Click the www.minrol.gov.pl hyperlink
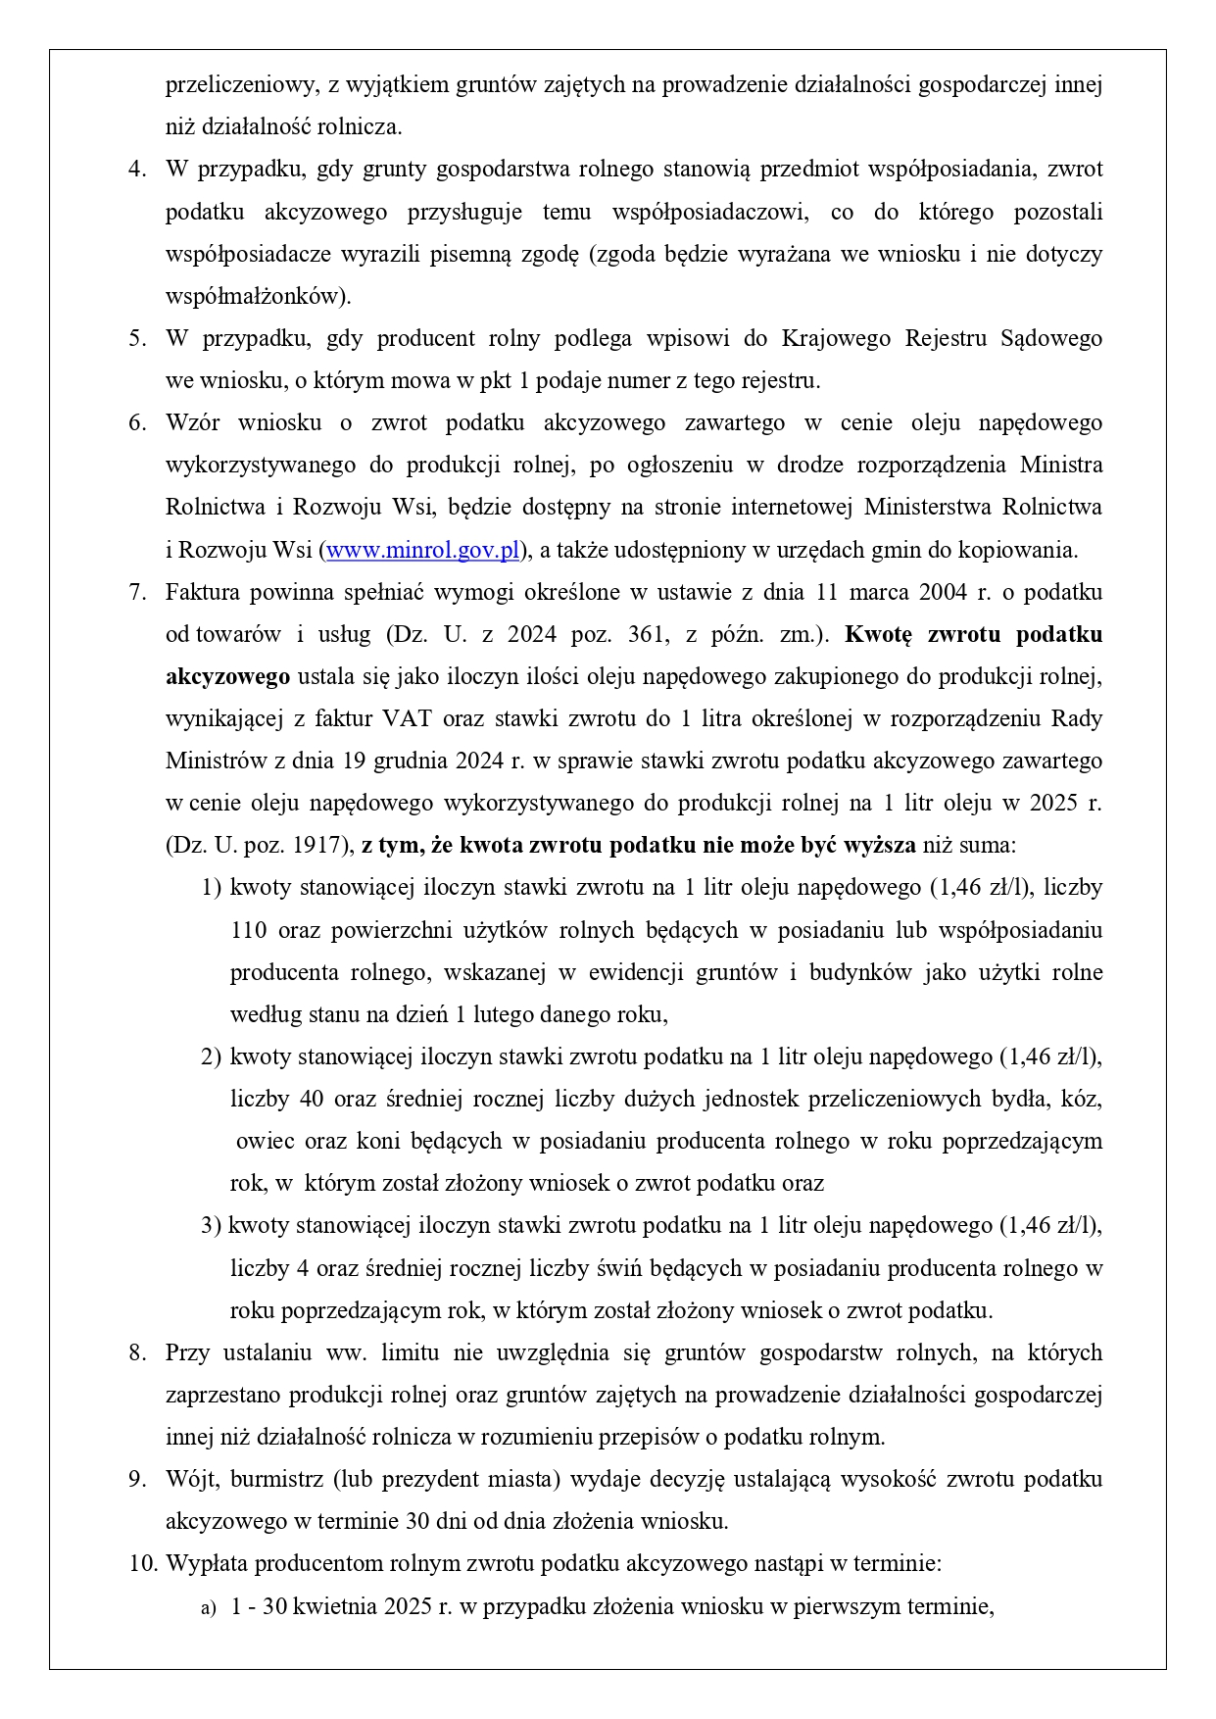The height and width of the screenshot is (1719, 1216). pos(422,550)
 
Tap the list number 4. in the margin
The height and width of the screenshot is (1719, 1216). pos(137,170)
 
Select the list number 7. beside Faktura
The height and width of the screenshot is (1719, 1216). pos(137,592)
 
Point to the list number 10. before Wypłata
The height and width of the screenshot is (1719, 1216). pos(143,1563)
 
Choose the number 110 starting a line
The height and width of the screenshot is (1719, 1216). pos(249,929)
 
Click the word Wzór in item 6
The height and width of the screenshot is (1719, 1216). pos(192,422)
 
